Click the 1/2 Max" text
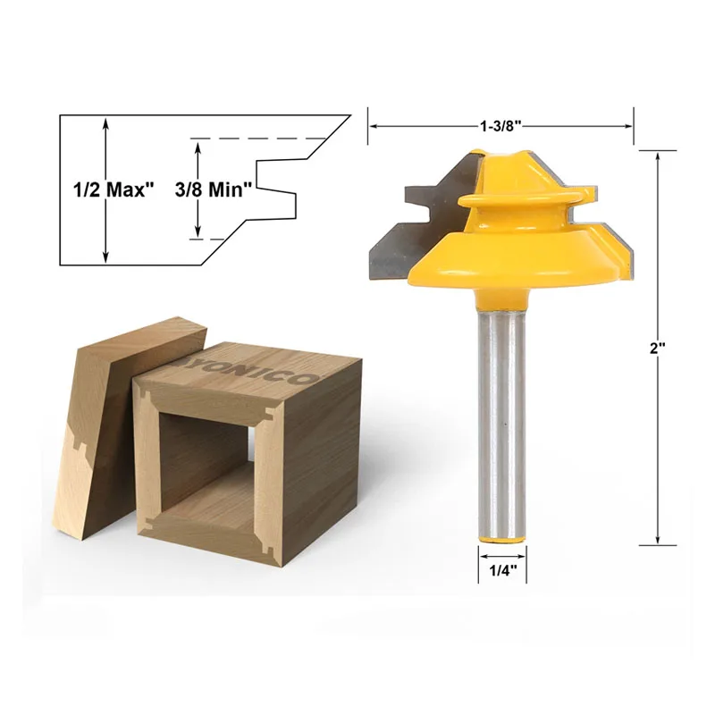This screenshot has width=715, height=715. point(114,189)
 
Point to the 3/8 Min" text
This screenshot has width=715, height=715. point(214,189)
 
